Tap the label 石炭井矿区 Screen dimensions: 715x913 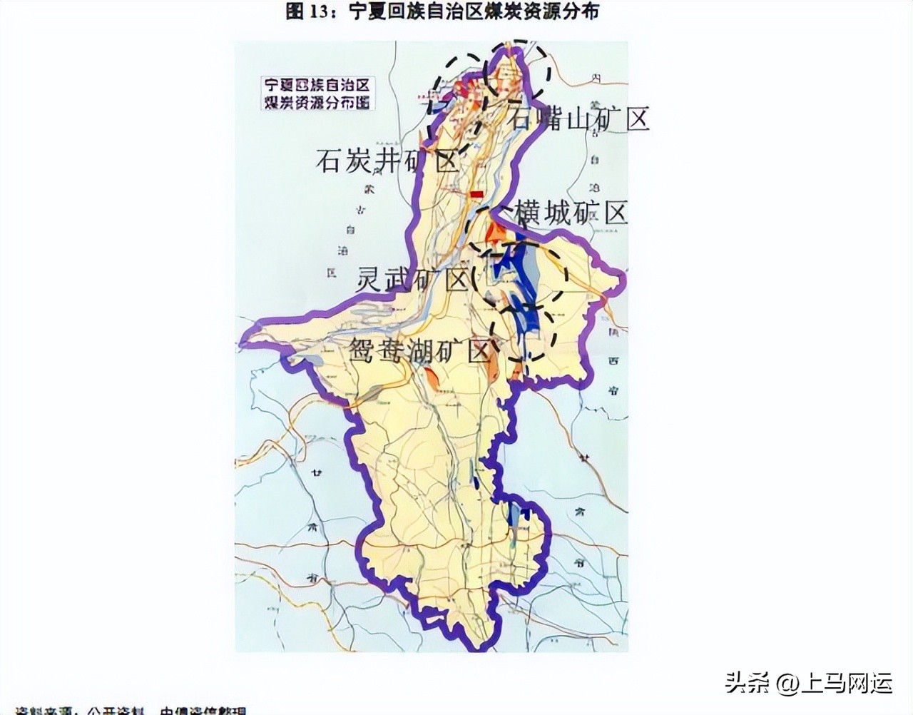click(x=387, y=162)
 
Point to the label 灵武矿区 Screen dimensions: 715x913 click(x=412, y=280)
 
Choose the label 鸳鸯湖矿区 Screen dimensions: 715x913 click(x=420, y=350)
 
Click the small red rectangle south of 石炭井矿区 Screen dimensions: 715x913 click(x=476, y=193)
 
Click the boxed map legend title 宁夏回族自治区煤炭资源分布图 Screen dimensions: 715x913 click(x=317, y=92)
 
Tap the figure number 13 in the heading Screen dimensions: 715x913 click(x=317, y=11)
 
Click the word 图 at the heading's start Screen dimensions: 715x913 click(x=295, y=11)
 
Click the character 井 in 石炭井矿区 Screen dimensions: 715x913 click(x=387, y=162)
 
